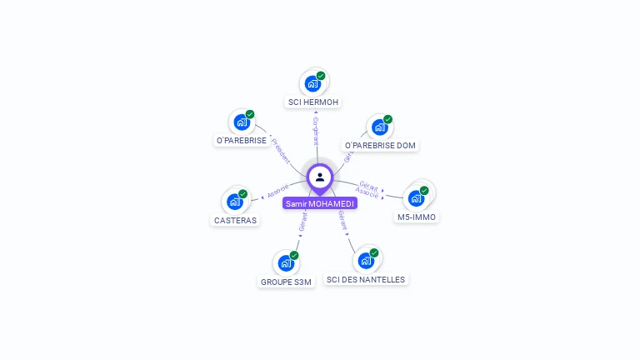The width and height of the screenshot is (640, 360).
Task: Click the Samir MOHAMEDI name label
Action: pyautogui.click(x=320, y=203)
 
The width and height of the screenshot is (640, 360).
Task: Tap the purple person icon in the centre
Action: pyautogui.click(x=320, y=177)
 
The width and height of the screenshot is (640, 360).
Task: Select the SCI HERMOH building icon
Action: pyautogui.click(x=312, y=83)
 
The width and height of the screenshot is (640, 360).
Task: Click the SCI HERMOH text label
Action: pyautogui.click(x=312, y=102)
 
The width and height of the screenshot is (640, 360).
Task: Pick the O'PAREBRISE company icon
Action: pyautogui.click(x=242, y=122)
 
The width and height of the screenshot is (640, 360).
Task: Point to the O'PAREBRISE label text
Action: pyautogui.click(x=242, y=141)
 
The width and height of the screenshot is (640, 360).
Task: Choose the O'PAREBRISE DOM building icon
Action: pyautogui.click(x=380, y=127)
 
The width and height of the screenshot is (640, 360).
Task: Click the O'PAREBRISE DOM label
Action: pyautogui.click(x=380, y=146)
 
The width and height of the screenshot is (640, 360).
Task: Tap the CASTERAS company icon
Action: pyautogui.click(x=235, y=202)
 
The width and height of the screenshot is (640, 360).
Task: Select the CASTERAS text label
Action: pyautogui.click(x=235, y=221)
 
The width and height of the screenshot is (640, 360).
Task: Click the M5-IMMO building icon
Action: pyautogui.click(x=416, y=198)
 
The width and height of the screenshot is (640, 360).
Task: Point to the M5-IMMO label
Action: pyautogui.click(x=417, y=217)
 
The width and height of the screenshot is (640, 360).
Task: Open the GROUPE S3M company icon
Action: pyautogui.click(x=286, y=263)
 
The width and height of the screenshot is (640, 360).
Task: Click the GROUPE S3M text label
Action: pyautogui.click(x=286, y=282)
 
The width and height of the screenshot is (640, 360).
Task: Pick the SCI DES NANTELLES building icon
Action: pyautogui.click(x=366, y=261)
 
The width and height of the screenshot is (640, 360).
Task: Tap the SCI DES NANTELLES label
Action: pyautogui.click(x=366, y=280)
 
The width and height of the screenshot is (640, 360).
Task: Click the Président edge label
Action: pyautogui.click(x=281, y=149)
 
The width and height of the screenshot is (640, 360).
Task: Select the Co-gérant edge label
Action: pyautogui.click(x=316, y=131)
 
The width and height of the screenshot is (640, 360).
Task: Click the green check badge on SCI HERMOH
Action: pyautogui.click(x=321, y=76)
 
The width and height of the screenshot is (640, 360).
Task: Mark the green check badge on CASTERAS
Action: pyautogui.click(x=243, y=194)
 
